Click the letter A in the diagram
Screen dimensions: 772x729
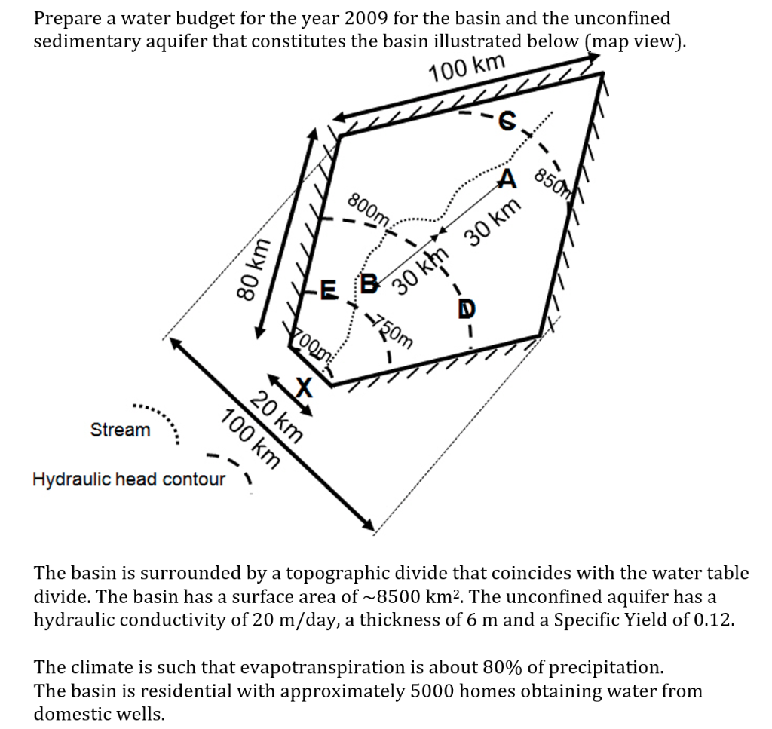507,179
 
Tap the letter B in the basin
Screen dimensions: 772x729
369,283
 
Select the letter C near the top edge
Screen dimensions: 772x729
507,121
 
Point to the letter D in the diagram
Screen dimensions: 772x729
467,309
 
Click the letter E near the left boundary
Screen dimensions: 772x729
329,289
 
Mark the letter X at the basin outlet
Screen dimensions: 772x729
304,387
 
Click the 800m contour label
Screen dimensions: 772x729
368,208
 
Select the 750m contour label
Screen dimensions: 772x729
392,331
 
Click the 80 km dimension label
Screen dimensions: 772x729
253,269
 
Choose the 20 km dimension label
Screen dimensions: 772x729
276,417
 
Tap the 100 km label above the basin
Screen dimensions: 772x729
467,68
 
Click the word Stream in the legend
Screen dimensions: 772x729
120,430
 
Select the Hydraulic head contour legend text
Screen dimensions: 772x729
129,479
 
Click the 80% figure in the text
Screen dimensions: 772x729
501,667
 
